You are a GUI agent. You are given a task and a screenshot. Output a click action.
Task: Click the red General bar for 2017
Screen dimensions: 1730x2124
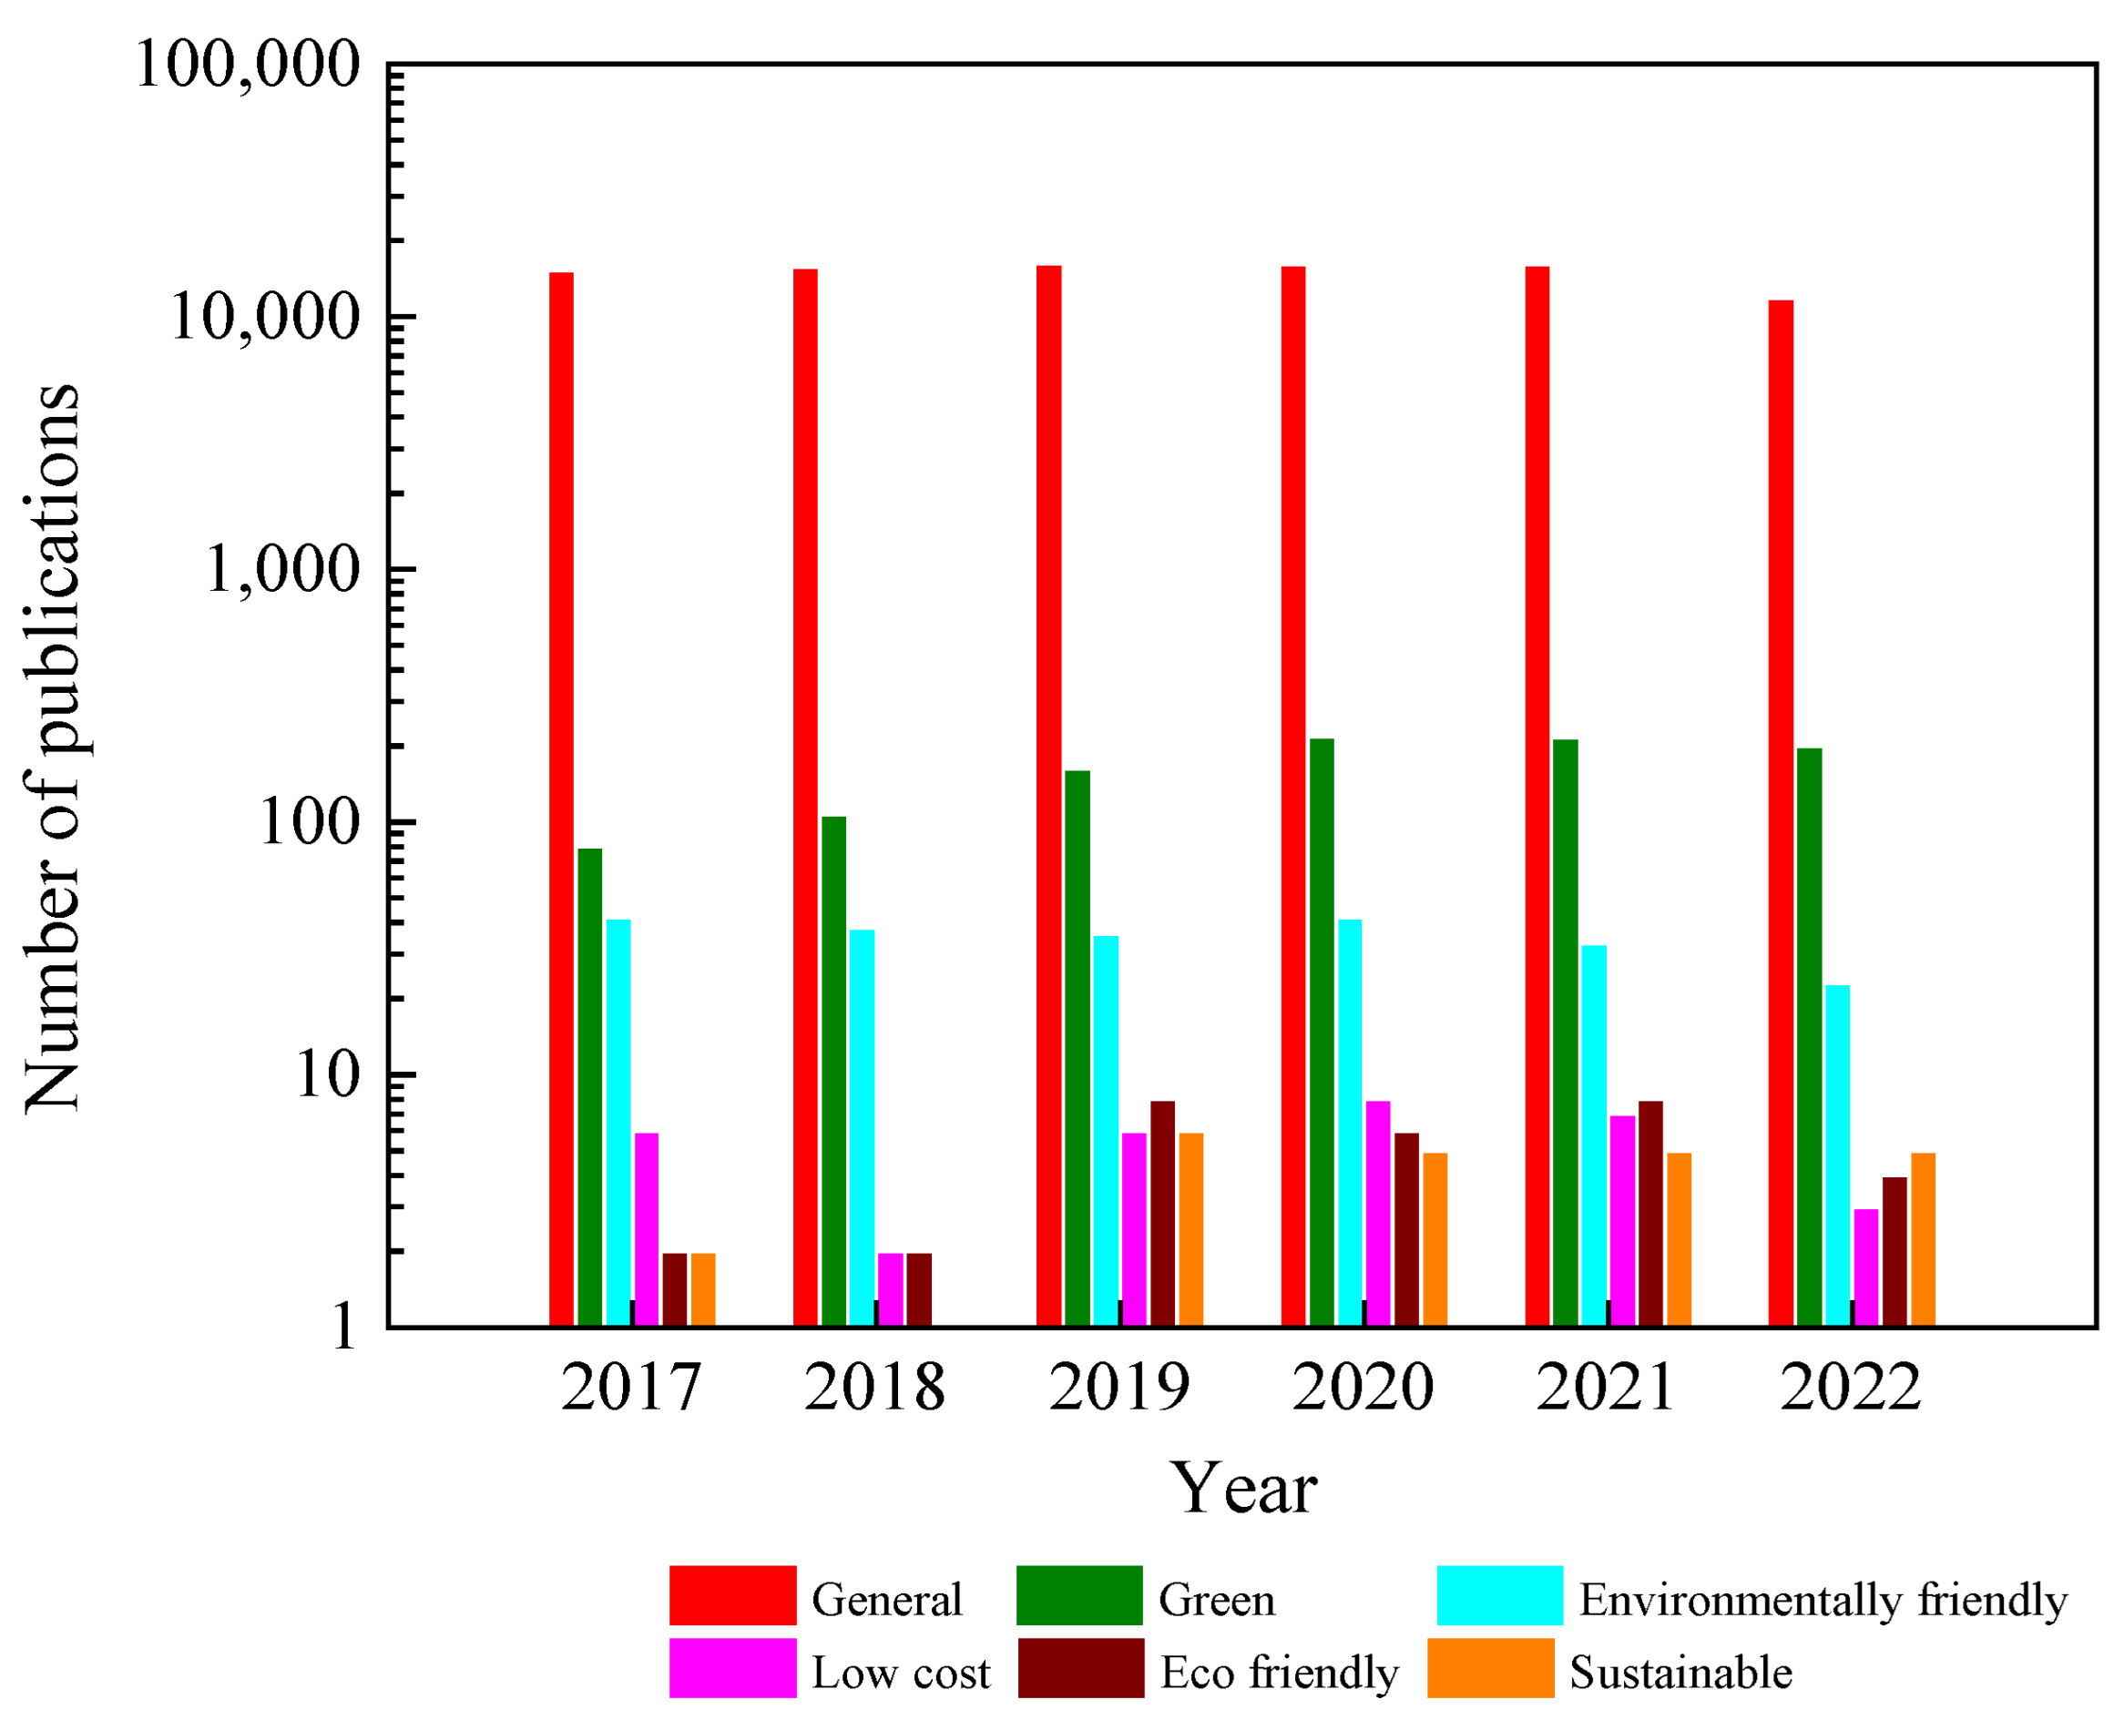click(561, 798)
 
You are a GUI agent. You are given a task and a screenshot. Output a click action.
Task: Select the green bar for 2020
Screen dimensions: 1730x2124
click(1321, 1032)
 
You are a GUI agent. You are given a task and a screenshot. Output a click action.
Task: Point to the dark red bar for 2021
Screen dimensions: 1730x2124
click(1649, 1213)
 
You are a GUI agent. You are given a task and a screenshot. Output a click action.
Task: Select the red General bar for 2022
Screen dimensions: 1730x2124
click(1780, 812)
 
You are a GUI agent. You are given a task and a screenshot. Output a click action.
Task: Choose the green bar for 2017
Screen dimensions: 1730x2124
click(589, 1086)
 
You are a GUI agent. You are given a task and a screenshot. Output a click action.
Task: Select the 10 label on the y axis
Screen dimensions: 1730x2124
click(326, 1075)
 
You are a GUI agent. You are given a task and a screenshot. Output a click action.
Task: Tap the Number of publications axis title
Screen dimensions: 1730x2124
click(52, 748)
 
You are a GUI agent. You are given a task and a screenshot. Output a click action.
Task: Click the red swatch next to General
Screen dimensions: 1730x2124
click(731, 1595)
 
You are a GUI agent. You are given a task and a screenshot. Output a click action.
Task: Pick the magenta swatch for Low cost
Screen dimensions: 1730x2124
click(731, 1667)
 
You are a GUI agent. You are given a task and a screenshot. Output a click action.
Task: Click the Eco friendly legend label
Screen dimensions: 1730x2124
click(1279, 1673)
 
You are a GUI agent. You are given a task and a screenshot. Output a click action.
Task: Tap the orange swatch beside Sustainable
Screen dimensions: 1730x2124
click(1490, 1667)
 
